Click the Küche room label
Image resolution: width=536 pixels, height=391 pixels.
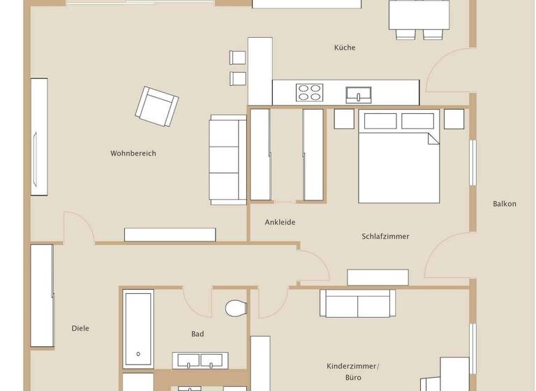click(x=345, y=47)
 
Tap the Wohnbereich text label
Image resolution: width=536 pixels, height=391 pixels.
click(x=133, y=153)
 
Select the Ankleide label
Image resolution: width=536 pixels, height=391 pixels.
click(x=280, y=222)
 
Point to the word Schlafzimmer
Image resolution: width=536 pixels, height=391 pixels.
click(x=385, y=236)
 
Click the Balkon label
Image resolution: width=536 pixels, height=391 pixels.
click(x=505, y=204)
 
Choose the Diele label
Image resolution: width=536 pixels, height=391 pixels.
click(x=80, y=328)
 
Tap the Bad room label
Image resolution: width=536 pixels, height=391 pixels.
click(x=198, y=334)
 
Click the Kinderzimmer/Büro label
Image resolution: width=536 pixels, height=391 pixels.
click(x=352, y=371)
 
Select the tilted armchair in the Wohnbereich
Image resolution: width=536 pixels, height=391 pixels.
click(x=157, y=106)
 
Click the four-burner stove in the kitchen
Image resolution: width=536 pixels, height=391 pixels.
click(x=310, y=92)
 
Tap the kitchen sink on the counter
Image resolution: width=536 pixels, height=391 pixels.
click(x=360, y=93)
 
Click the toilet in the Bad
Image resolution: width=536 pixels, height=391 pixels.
click(x=237, y=307)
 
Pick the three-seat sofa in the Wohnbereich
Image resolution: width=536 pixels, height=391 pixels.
click(x=228, y=160)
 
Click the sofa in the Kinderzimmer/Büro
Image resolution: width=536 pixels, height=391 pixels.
click(x=357, y=303)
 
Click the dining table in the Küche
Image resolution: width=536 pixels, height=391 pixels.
click(x=419, y=14)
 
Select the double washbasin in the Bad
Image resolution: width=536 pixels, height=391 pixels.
click(x=200, y=360)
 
